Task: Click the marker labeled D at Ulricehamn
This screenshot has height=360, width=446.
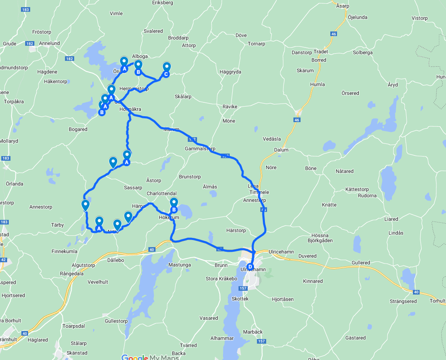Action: tap(250, 266)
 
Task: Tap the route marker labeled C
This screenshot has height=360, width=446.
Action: tap(166, 74)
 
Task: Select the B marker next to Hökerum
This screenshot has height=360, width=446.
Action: tap(174, 210)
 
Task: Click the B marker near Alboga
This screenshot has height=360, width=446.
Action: tap(138, 72)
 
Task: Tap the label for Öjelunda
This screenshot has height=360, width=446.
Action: tap(357, 17)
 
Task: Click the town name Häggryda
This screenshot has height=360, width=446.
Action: tap(230, 72)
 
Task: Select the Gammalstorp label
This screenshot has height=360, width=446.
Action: tap(200, 149)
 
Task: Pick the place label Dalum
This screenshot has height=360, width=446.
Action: tap(281, 150)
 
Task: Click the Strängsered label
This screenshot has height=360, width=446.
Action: tap(403, 301)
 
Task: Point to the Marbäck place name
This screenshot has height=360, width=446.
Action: tap(253, 332)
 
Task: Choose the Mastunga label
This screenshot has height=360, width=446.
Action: tap(179, 265)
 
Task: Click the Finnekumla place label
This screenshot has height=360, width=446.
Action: tap(64, 251)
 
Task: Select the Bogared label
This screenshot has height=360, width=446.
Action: tap(78, 129)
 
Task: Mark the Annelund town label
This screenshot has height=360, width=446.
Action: tap(49, 43)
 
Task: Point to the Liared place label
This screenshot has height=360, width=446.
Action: tap(391, 219)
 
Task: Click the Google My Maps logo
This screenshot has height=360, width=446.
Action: tap(150, 357)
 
